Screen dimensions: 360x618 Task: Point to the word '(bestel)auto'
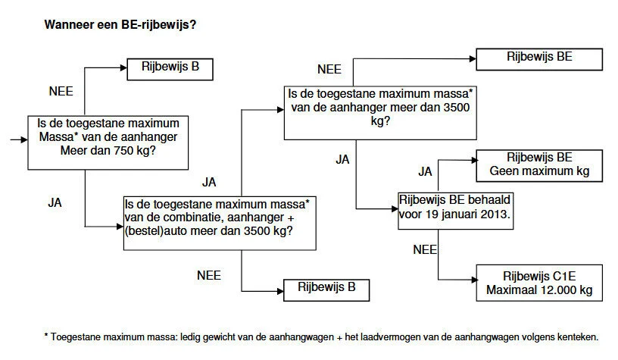[x=158, y=231]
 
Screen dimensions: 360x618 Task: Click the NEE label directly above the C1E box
[x=426, y=249]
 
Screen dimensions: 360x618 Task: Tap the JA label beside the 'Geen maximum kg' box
[x=425, y=172]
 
